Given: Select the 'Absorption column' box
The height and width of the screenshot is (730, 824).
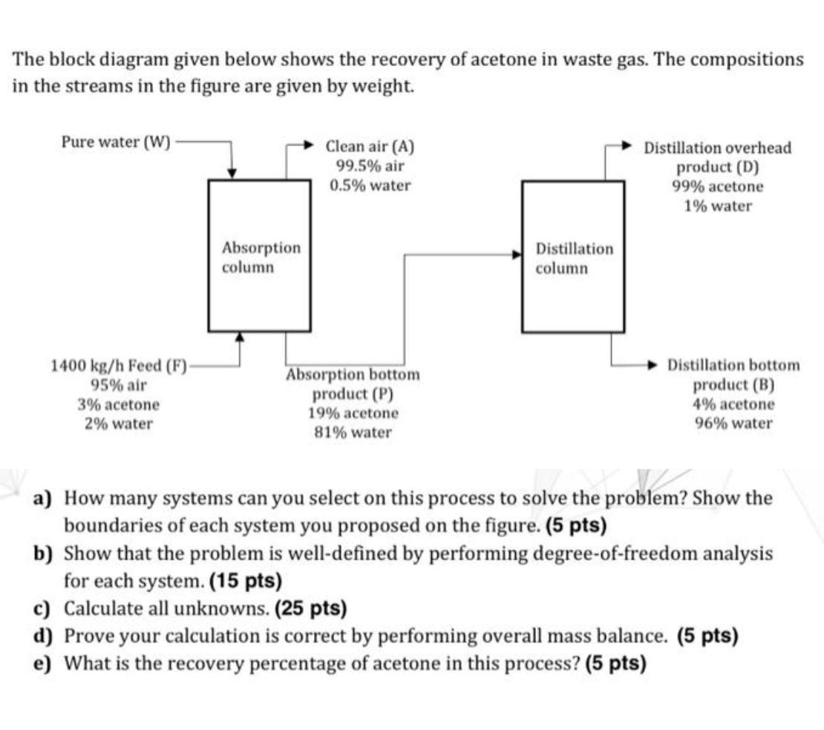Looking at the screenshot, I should tap(259, 256).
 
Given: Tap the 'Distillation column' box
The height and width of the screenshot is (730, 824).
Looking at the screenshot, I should tap(572, 256).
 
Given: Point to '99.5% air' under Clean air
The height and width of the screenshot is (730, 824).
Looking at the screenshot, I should tap(370, 166).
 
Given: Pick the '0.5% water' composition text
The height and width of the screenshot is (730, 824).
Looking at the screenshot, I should tap(370, 185).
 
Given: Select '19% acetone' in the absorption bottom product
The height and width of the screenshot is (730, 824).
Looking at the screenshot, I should tap(353, 412).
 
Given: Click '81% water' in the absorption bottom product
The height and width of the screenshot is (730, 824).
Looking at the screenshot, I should tap(353, 432).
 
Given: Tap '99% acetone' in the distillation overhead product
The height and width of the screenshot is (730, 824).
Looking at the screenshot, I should tap(717, 186).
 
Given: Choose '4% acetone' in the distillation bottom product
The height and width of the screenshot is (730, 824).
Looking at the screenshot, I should tap(733, 404).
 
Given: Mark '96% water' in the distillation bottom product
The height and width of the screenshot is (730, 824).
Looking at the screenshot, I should tap(733, 424).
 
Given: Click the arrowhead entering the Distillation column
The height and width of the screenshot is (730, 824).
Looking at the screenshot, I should tap(517, 254).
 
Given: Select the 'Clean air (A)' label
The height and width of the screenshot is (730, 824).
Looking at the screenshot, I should tap(370, 146).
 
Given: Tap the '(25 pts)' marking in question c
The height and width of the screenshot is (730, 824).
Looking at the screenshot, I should tap(310, 608).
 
